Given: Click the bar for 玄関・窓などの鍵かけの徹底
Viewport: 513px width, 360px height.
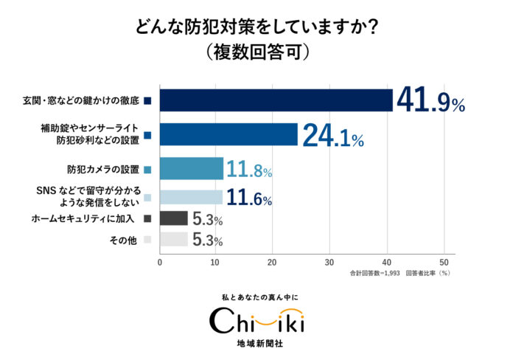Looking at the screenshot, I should tap(276, 100).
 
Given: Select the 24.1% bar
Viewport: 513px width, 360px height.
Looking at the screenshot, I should tap(228, 135).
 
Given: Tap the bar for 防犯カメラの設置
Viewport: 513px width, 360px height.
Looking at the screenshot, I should tap(192, 169).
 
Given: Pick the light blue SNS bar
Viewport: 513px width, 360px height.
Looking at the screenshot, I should tap(191, 197).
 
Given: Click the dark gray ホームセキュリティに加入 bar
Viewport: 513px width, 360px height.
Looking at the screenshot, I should tap(174, 218).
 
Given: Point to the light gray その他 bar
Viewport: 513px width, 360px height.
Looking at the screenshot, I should tap(174, 240).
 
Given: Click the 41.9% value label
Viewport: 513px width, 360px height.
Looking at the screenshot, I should tap(430, 101).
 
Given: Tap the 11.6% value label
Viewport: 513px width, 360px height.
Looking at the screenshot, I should tap(248, 198).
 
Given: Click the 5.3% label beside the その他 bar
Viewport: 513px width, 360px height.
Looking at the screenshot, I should tap(207, 240).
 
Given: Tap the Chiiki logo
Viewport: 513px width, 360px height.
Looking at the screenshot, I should tap(257, 322).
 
